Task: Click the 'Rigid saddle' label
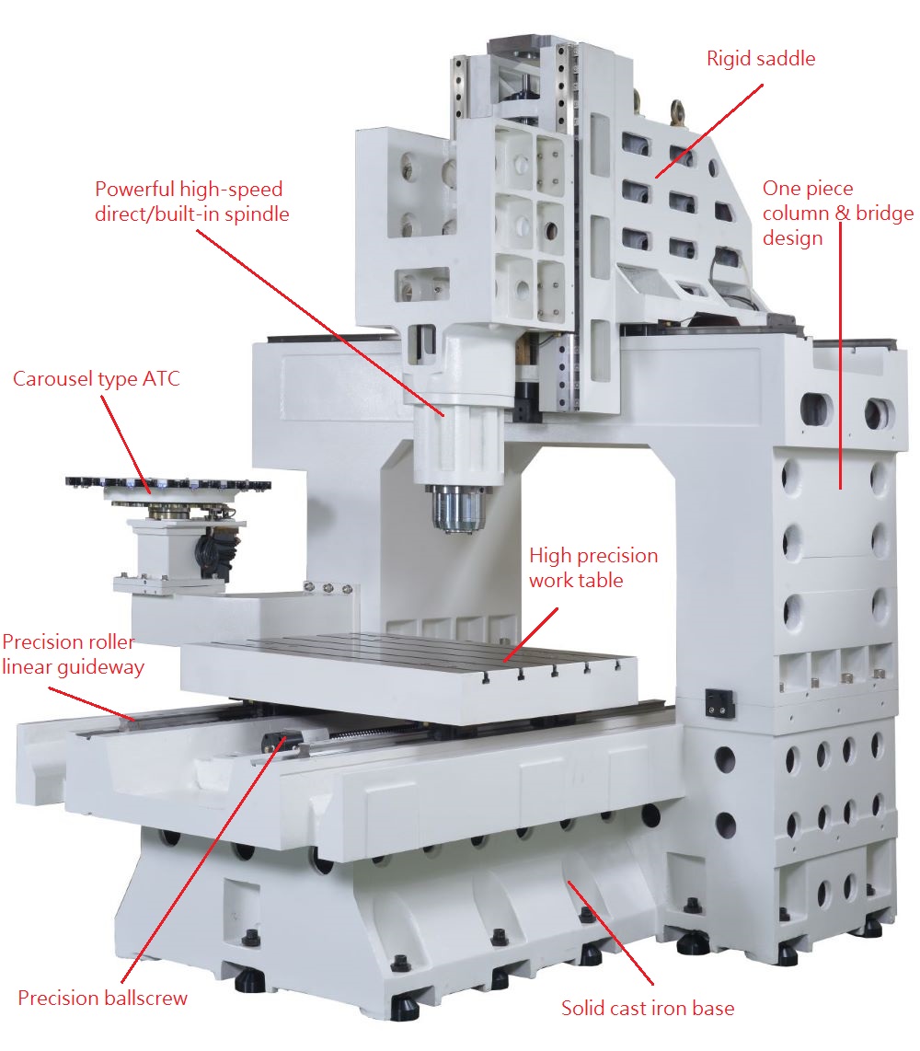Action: click(761, 59)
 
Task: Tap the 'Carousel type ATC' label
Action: click(97, 378)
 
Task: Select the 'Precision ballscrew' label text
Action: click(102, 998)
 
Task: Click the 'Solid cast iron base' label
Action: click(648, 1008)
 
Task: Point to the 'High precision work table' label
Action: click(593, 568)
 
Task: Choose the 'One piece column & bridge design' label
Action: click(837, 214)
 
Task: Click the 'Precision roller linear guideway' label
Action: click(73, 654)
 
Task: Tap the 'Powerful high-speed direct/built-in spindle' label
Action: click(191, 201)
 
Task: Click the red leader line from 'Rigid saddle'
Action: click(709, 132)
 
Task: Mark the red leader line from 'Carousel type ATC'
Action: click(125, 444)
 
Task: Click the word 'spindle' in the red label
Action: click(257, 214)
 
